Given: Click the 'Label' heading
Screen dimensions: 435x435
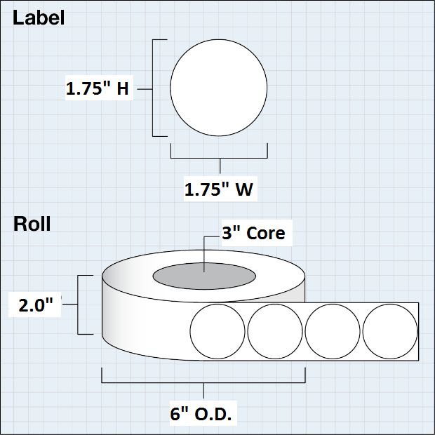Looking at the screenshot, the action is point(39,18).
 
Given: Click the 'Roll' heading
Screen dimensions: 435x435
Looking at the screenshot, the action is point(32,224).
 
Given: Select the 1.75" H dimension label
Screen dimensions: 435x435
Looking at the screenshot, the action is point(98,88).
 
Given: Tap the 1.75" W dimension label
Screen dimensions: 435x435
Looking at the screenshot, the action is point(219,189).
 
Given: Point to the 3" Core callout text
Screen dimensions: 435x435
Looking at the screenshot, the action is point(253,233).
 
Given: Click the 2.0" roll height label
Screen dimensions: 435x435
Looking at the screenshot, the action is point(36,305).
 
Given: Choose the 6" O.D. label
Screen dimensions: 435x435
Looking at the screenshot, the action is point(201,414).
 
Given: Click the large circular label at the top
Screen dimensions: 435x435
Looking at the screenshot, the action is point(219,88).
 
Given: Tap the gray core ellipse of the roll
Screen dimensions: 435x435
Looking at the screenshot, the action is point(204,276).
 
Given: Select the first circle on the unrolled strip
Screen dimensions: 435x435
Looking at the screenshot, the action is point(217,331).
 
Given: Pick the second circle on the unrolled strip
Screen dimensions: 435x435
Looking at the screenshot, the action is point(275,331).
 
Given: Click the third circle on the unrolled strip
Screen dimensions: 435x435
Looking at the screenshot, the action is point(333,331).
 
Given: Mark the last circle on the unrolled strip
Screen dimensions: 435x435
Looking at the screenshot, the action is point(390,331).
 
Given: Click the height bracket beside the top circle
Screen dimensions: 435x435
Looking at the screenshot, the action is point(152,88).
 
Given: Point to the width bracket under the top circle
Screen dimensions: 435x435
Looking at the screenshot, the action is point(219,158).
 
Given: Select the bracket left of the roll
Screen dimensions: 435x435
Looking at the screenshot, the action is point(78,304).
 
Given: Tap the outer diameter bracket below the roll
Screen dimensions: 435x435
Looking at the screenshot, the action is point(203,382).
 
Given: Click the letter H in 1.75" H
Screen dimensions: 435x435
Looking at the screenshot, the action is point(123,89).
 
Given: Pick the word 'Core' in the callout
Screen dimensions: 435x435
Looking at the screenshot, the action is point(265,233).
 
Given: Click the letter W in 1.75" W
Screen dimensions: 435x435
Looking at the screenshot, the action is point(244,189).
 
